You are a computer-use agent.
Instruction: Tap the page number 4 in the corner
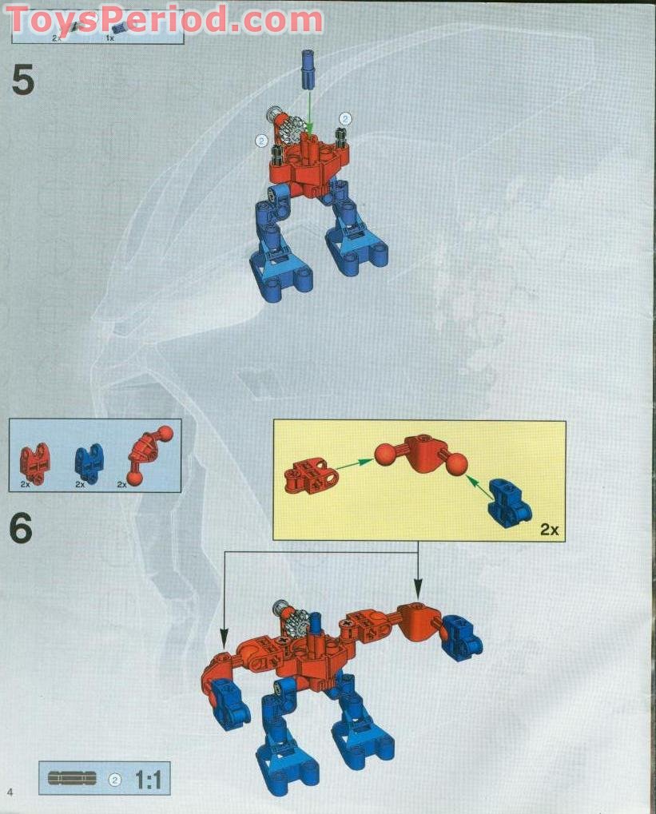pyautogui.click(x=10, y=791)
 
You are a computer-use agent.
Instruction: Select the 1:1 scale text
pyautogui.click(x=148, y=779)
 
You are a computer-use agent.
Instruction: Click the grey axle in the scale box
pyautogui.click(x=72, y=778)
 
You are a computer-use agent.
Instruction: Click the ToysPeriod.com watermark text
pyautogui.click(x=164, y=19)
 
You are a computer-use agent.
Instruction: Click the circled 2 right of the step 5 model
pyautogui.click(x=345, y=118)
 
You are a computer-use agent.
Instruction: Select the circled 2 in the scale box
pyautogui.click(x=114, y=779)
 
